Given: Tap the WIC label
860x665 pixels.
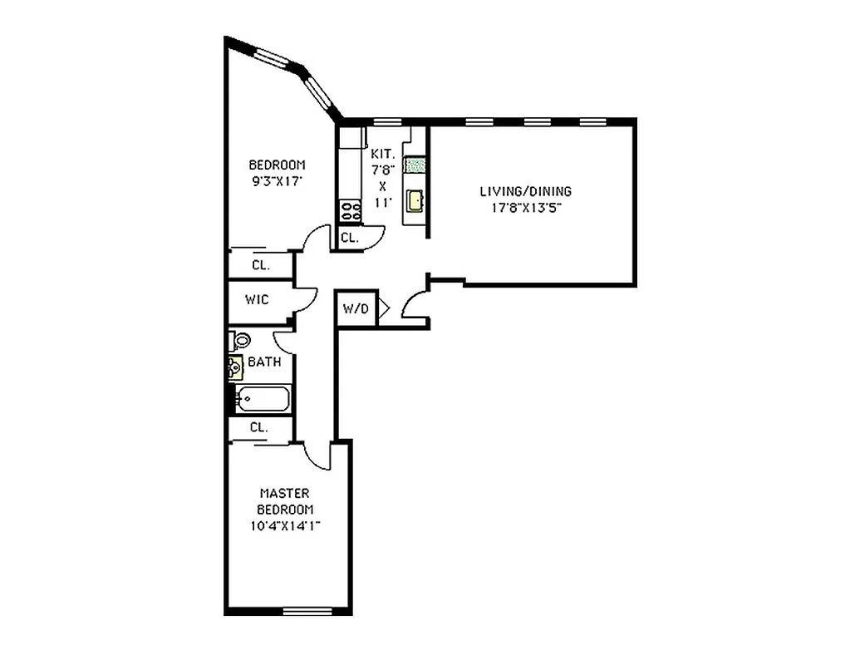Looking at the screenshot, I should click(x=257, y=299).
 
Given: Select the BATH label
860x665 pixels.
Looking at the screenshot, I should click(x=264, y=362).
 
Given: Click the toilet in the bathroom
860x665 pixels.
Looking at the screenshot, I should click(x=240, y=340).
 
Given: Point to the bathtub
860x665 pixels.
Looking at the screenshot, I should click(x=262, y=400).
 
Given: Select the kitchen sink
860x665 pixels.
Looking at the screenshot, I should click(x=414, y=200).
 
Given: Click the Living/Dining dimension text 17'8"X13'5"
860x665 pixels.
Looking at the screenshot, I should click(x=526, y=208).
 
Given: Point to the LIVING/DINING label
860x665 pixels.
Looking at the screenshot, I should click(x=526, y=191).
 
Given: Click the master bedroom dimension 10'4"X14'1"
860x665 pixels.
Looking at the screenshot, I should click(x=285, y=525).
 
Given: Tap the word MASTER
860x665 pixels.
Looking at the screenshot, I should click(x=284, y=493).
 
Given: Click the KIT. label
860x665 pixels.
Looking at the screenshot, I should click(x=381, y=154).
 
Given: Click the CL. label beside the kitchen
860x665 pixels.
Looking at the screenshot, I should click(x=349, y=238).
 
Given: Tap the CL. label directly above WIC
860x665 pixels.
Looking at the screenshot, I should click(x=260, y=265).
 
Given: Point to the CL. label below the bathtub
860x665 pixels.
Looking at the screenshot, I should click(x=259, y=427).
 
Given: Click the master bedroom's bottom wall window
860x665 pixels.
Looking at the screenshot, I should click(x=307, y=612).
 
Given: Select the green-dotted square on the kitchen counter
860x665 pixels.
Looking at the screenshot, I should click(x=414, y=165).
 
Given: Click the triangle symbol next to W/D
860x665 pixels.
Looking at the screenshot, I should click(x=384, y=309).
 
